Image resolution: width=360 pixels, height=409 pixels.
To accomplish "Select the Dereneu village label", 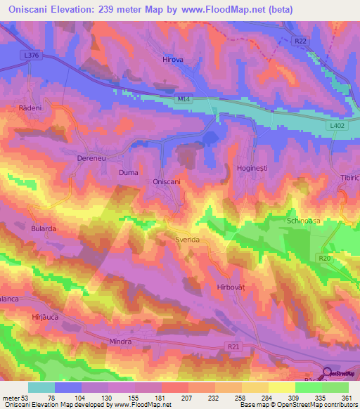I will tap(89, 159).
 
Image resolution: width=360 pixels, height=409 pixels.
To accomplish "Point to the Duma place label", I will tap(128, 172).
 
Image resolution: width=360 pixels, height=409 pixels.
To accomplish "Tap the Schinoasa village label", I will tap(304, 221).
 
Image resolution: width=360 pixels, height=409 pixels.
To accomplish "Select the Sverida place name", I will tap(188, 240).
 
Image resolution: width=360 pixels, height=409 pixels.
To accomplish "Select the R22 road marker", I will tap(301, 42).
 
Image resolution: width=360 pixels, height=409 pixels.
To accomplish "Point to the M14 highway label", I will tap(184, 100).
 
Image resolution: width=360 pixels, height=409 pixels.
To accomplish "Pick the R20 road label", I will tap(324, 259).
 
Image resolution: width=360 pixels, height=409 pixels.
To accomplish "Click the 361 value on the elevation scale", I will tap(345, 398).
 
